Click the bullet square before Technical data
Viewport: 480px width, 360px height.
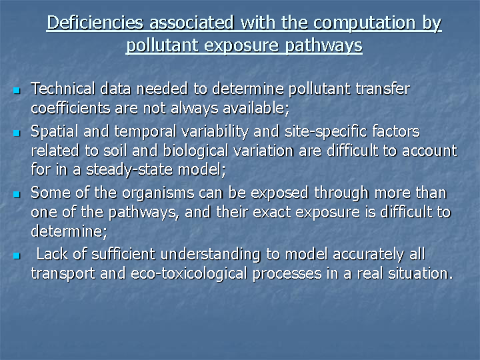17,90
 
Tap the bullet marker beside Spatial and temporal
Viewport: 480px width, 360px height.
17,133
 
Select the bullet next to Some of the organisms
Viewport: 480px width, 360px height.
17,195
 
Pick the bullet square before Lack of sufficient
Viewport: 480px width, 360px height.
17,255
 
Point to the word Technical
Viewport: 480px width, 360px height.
63,89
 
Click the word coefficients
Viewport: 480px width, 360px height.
71,108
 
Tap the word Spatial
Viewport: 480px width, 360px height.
55,131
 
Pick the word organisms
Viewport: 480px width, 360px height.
158,193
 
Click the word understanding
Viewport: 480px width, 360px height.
210,255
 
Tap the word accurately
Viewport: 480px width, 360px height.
368,255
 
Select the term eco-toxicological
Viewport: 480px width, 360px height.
189,274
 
